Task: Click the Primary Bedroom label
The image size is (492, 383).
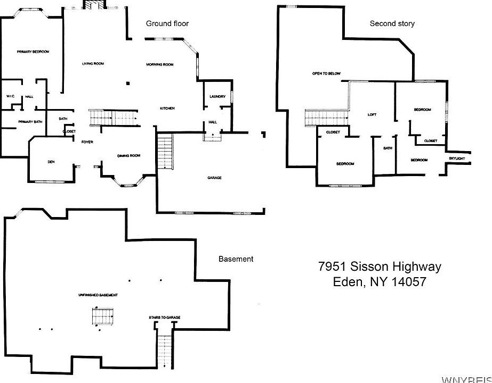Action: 33,52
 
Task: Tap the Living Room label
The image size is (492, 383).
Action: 93,64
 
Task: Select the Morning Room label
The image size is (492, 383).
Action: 160,65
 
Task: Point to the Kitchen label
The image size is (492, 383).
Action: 167,109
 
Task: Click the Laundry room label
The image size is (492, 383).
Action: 217,96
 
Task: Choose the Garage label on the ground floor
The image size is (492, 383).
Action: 214,178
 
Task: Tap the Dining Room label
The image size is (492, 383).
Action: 128,155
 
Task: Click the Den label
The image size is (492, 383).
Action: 51,162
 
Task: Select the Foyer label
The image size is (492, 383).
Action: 87,142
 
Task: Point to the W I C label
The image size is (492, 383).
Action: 10,96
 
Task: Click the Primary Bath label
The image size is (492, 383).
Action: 30,122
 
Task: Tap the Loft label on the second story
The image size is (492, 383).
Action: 373,115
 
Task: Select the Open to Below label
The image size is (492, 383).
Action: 326,73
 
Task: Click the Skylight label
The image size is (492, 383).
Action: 457,159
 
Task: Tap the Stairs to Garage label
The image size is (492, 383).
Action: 164,318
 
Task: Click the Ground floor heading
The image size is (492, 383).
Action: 167,23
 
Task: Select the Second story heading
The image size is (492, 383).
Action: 392,23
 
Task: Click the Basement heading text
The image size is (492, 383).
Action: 236,259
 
